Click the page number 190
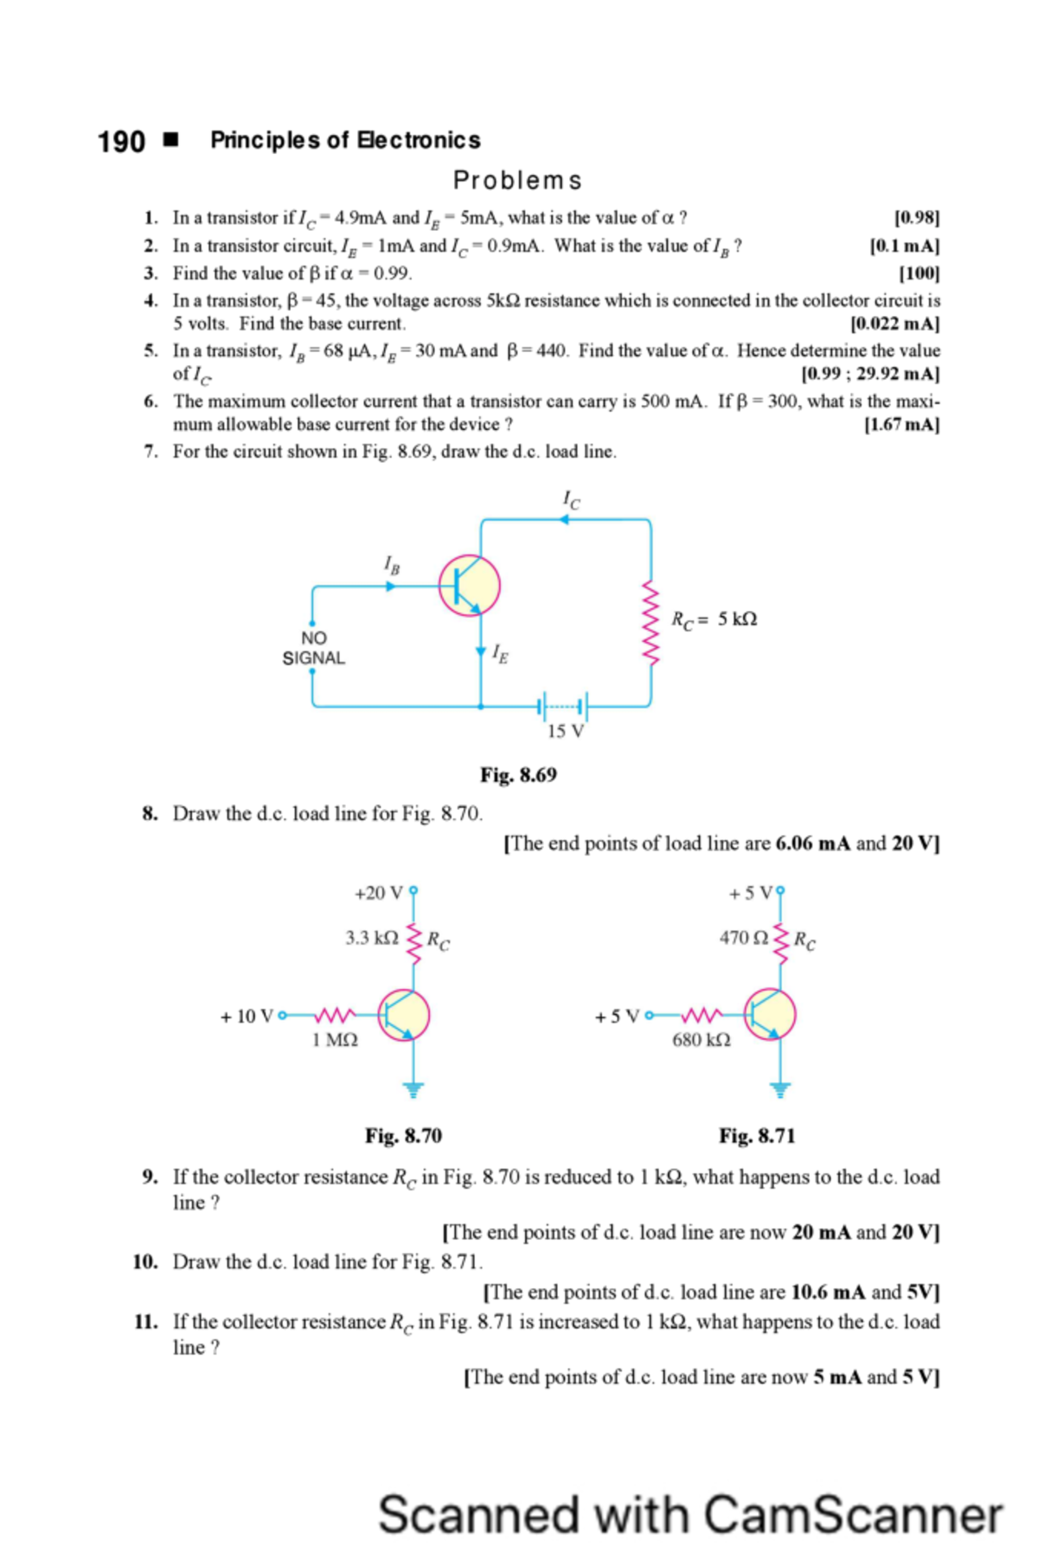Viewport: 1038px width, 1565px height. (x=121, y=141)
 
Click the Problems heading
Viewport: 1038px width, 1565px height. (x=517, y=180)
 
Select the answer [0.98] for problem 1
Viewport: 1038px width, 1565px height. (x=916, y=218)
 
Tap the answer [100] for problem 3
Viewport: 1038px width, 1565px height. (x=919, y=273)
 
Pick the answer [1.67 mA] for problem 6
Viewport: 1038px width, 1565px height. (x=901, y=425)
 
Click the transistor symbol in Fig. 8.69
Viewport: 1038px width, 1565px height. (x=469, y=586)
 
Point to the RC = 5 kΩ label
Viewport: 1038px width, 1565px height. (x=714, y=619)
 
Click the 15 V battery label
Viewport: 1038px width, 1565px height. (x=565, y=732)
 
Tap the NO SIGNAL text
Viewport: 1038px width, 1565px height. (x=313, y=648)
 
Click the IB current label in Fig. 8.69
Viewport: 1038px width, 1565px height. (x=392, y=566)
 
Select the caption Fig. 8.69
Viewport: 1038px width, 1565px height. (x=518, y=775)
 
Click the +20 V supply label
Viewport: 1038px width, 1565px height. (x=378, y=893)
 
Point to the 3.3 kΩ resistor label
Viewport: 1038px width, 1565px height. (x=371, y=938)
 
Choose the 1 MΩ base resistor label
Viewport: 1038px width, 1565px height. (x=335, y=1040)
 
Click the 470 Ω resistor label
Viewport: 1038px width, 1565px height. (x=743, y=938)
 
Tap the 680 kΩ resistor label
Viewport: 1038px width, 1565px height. (x=702, y=1040)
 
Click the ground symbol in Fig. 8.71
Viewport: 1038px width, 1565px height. (x=780, y=1089)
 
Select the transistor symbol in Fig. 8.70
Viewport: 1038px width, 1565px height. (x=404, y=1015)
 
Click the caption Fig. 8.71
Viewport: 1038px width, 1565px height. (x=757, y=1136)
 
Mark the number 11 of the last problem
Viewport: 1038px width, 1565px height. (x=145, y=1322)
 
